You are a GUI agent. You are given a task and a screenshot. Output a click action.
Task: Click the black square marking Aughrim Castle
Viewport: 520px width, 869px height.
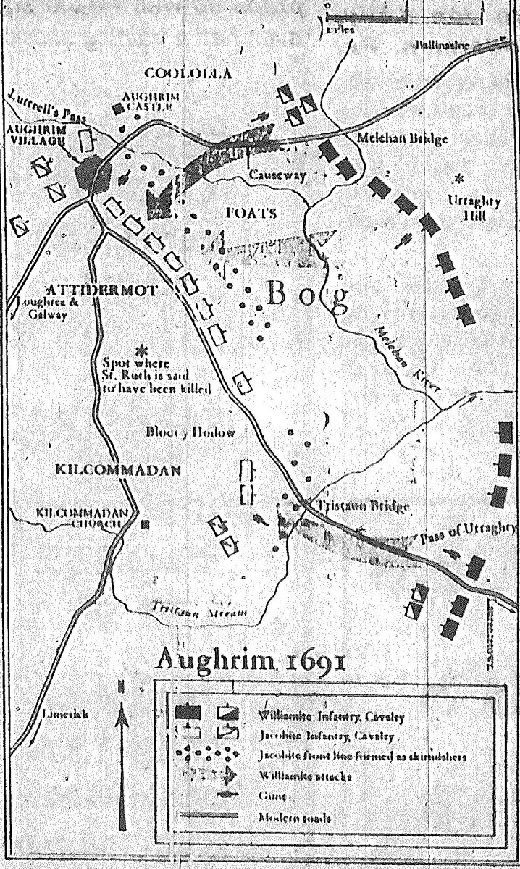pos(117,109)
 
